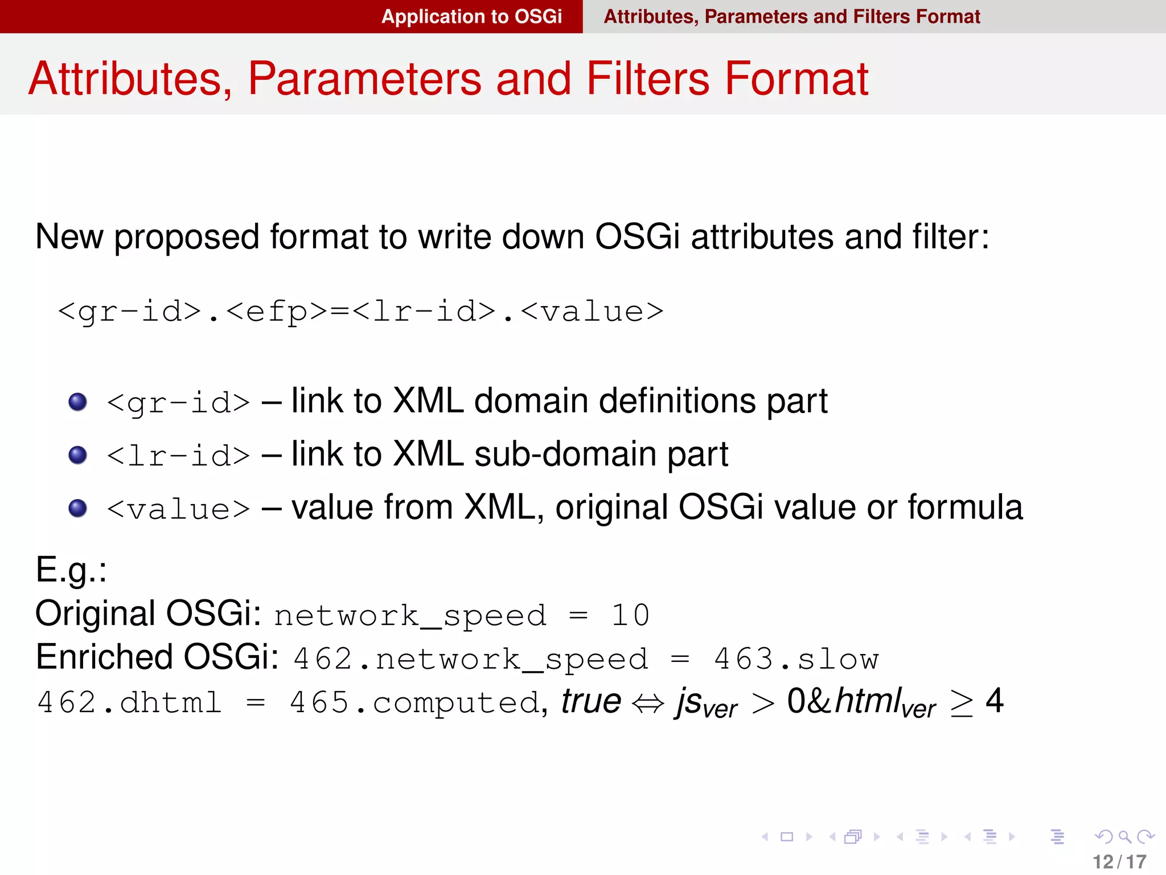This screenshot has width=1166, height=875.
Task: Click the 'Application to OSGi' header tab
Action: point(471,17)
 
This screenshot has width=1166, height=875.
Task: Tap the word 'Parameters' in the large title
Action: point(364,79)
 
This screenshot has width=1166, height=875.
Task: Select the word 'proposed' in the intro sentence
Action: point(187,237)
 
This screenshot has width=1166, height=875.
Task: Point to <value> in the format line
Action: point(592,312)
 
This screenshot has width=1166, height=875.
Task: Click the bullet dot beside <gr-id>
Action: point(77,402)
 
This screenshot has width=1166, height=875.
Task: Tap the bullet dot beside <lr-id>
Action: point(77,455)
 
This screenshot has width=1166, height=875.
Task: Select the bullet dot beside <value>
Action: point(77,508)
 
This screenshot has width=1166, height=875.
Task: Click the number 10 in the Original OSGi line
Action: point(630,615)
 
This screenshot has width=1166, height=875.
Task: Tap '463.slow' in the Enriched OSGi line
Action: point(797,659)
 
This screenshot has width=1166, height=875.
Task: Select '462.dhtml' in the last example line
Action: point(129,702)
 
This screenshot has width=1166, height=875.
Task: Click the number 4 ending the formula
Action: point(994,701)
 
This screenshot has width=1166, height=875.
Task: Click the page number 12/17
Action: point(1119,861)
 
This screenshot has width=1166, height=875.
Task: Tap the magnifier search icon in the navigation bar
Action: point(1124,837)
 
